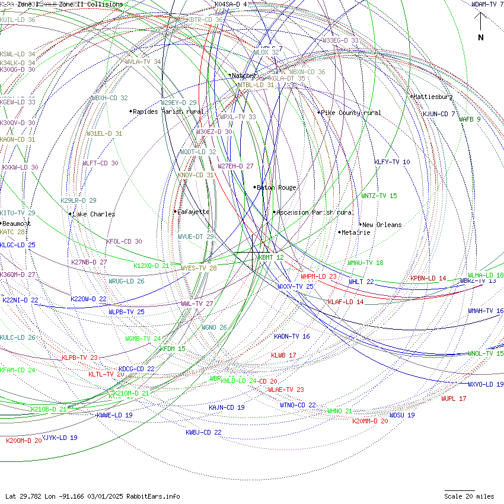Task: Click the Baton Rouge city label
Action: [x=276, y=187]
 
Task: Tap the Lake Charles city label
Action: [x=94, y=214]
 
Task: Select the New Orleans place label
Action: [x=382, y=225]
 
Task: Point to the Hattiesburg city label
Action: [x=433, y=97]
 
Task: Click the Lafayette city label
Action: [x=193, y=212]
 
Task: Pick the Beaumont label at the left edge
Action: [x=16, y=224]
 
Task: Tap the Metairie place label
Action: [x=356, y=232]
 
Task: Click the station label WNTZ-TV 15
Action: [x=379, y=196]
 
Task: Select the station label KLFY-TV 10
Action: [x=392, y=162]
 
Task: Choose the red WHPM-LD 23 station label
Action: [x=318, y=276]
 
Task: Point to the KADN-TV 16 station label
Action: [x=292, y=336]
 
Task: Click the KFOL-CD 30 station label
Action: [x=124, y=241]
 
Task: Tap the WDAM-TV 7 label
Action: [x=487, y=4]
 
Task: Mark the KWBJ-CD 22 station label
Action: [x=203, y=432]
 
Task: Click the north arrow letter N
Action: [x=481, y=38]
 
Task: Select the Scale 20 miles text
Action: [x=469, y=496]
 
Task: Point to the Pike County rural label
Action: [x=351, y=113]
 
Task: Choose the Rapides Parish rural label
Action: [x=168, y=111]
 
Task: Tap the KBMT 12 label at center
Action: [x=272, y=257]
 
